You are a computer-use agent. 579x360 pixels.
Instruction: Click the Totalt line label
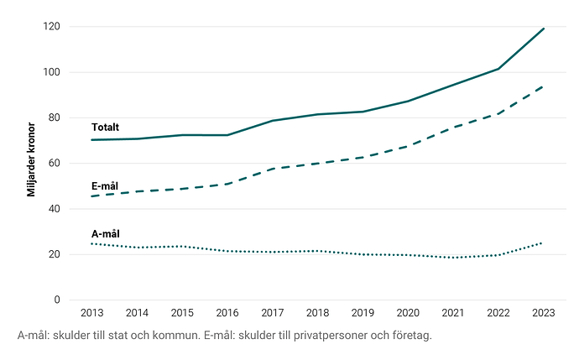(x=105, y=128)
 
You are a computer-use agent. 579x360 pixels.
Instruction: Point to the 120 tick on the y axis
(x=53, y=27)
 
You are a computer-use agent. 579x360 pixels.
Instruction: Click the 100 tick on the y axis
(x=53, y=72)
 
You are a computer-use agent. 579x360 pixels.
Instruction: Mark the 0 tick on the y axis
(x=58, y=300)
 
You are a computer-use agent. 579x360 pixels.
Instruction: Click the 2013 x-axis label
(x=91, y=314)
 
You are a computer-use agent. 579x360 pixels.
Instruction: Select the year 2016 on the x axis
(x=227, y=314)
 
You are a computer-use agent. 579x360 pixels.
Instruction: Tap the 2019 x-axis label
(x=363, y=314)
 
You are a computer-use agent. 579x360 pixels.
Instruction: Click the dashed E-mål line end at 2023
(x=544, y=86)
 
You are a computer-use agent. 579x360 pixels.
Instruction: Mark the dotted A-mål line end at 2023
(x=544, y=243)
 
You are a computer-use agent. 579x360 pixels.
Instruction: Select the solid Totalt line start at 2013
(x=91, y=140)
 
